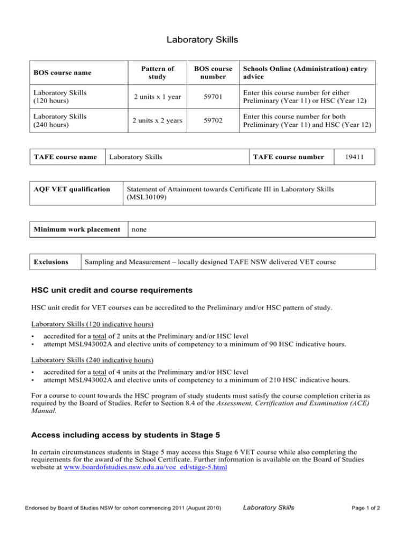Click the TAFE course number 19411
pyautogui.click(x=359, y=157)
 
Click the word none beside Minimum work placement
pyautogui.click(x=139, y=228)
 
